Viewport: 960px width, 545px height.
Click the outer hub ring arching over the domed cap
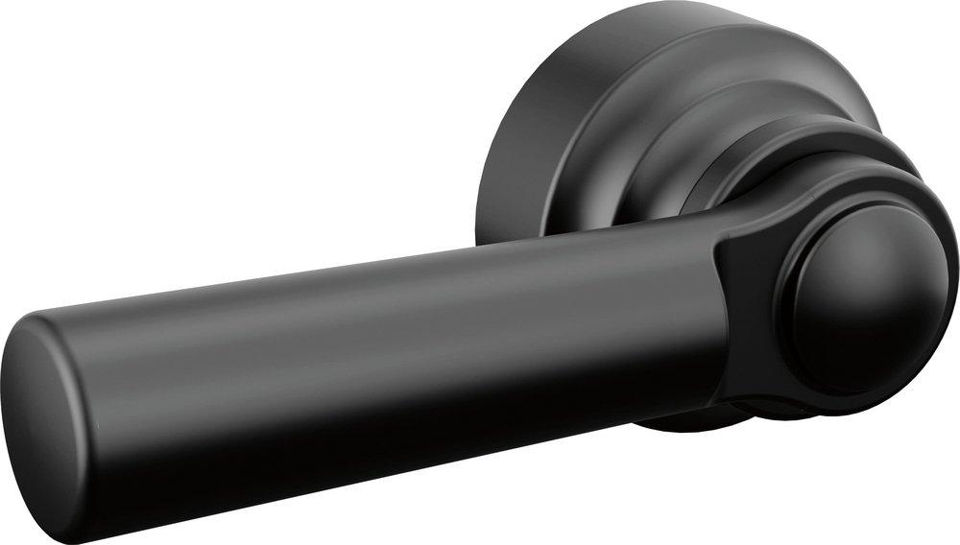[x=864, y=182]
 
